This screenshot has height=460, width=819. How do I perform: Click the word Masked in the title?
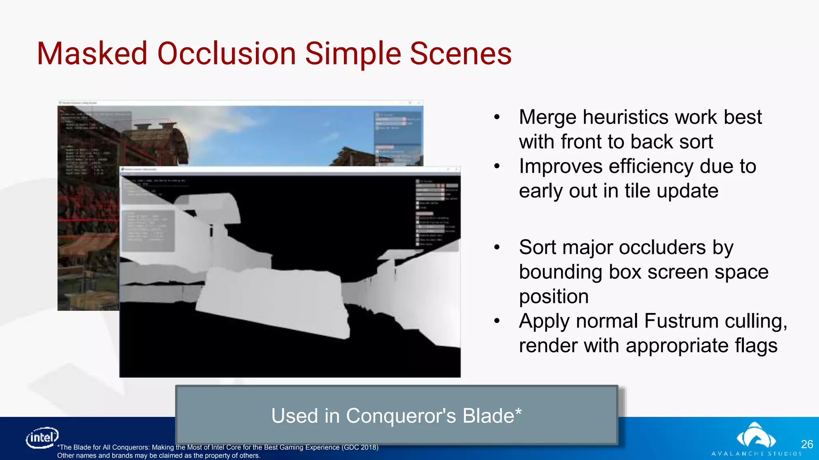(x=92, y=54)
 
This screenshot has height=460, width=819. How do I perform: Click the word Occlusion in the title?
(x=227, y=54)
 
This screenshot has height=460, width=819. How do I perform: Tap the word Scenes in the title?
(x=461, y=54)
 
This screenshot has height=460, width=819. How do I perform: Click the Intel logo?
(x=42, y=438)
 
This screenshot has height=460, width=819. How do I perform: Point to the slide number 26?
(x=807, y=444)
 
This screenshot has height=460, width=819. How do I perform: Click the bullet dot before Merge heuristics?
(x=497, y=117)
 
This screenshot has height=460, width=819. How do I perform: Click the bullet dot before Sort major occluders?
(x=497, y=248)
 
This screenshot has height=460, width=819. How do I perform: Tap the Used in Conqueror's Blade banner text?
(x=396, y=416)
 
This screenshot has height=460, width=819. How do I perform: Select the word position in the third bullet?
(x=553, y=297)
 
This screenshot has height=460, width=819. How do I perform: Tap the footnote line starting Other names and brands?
(x=158, y=456)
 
